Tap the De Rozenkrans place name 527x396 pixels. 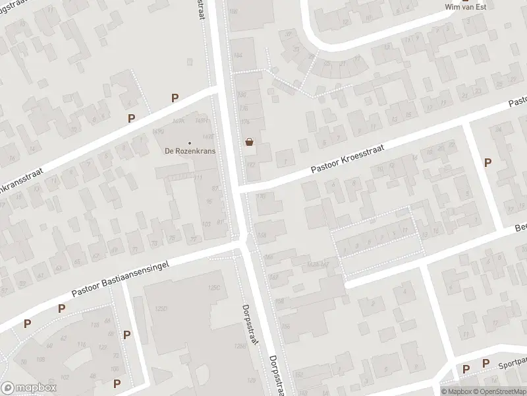[190, 150]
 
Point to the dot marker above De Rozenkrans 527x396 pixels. [190, 142]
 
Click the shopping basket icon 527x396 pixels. [249, 141]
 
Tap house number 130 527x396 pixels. [261, 196]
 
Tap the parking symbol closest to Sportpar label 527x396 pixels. [485, 364]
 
